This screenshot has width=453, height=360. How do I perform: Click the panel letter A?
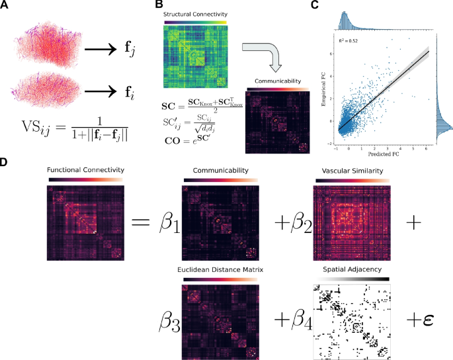click(5, 5)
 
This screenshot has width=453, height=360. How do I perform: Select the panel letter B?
click(158, 5)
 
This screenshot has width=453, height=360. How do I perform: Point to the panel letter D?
click(5, 160)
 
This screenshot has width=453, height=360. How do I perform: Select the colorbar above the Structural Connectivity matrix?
click(196, 22)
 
